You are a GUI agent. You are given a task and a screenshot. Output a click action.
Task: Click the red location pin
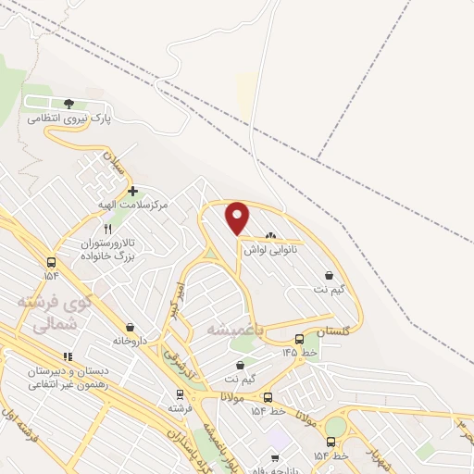click(238, 218)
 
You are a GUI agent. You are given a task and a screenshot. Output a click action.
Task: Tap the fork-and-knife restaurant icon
click(108, 229)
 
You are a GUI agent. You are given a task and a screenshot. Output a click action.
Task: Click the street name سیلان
click(113, 167)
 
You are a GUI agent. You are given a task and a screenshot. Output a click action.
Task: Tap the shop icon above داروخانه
click(129, 326)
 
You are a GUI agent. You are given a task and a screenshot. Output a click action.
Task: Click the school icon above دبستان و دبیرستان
click(67, 356)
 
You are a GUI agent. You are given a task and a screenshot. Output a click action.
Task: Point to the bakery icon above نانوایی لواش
click(270, 236)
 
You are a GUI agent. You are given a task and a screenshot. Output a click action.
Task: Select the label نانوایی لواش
click(269, 250)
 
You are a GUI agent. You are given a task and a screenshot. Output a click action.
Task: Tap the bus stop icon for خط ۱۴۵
click(298, 339)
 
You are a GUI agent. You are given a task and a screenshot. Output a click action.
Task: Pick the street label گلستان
click(334, 331)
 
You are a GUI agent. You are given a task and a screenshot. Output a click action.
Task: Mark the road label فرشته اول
click(20, 421)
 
